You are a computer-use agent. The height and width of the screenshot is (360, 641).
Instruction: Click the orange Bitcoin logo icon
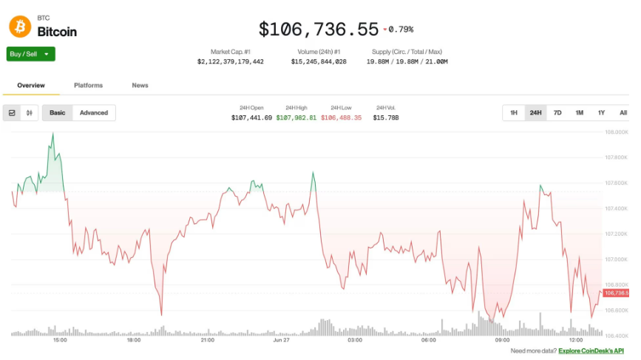coord(20,27)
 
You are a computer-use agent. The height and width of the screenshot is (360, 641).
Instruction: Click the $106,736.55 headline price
coord(319,29)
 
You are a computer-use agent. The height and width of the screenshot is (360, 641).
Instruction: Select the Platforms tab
coord(88,86)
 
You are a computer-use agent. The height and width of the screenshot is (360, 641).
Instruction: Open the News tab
coord(140,86)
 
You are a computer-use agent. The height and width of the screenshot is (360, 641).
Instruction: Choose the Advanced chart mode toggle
coord(94,113)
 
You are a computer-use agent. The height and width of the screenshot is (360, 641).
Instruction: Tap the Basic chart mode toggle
coord(57,113)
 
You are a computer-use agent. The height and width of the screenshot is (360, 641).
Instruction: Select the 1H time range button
coord(514,113)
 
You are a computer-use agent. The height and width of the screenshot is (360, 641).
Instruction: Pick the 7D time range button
coord(557,113)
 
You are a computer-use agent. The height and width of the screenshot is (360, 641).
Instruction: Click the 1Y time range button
coord(601,113)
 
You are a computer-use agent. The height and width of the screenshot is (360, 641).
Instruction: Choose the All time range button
coord(623,113)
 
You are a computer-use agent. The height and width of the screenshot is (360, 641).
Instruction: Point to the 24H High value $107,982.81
coord(296,118)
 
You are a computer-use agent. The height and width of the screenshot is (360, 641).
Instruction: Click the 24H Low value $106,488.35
coord(341,118)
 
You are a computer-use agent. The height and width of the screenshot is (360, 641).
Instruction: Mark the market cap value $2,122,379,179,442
coord(231,61)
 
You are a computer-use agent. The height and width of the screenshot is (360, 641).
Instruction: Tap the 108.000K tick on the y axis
coord(617,132)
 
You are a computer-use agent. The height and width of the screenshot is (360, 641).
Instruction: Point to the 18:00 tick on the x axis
coord(133,340)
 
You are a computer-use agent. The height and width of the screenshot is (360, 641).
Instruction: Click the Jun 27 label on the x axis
coord(281,340)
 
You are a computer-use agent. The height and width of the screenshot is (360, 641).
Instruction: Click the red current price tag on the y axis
coord(616,293)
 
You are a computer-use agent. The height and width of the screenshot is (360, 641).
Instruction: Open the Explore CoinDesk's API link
coord(591,350)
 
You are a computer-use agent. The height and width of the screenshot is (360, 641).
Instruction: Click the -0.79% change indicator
coord(398,30)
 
